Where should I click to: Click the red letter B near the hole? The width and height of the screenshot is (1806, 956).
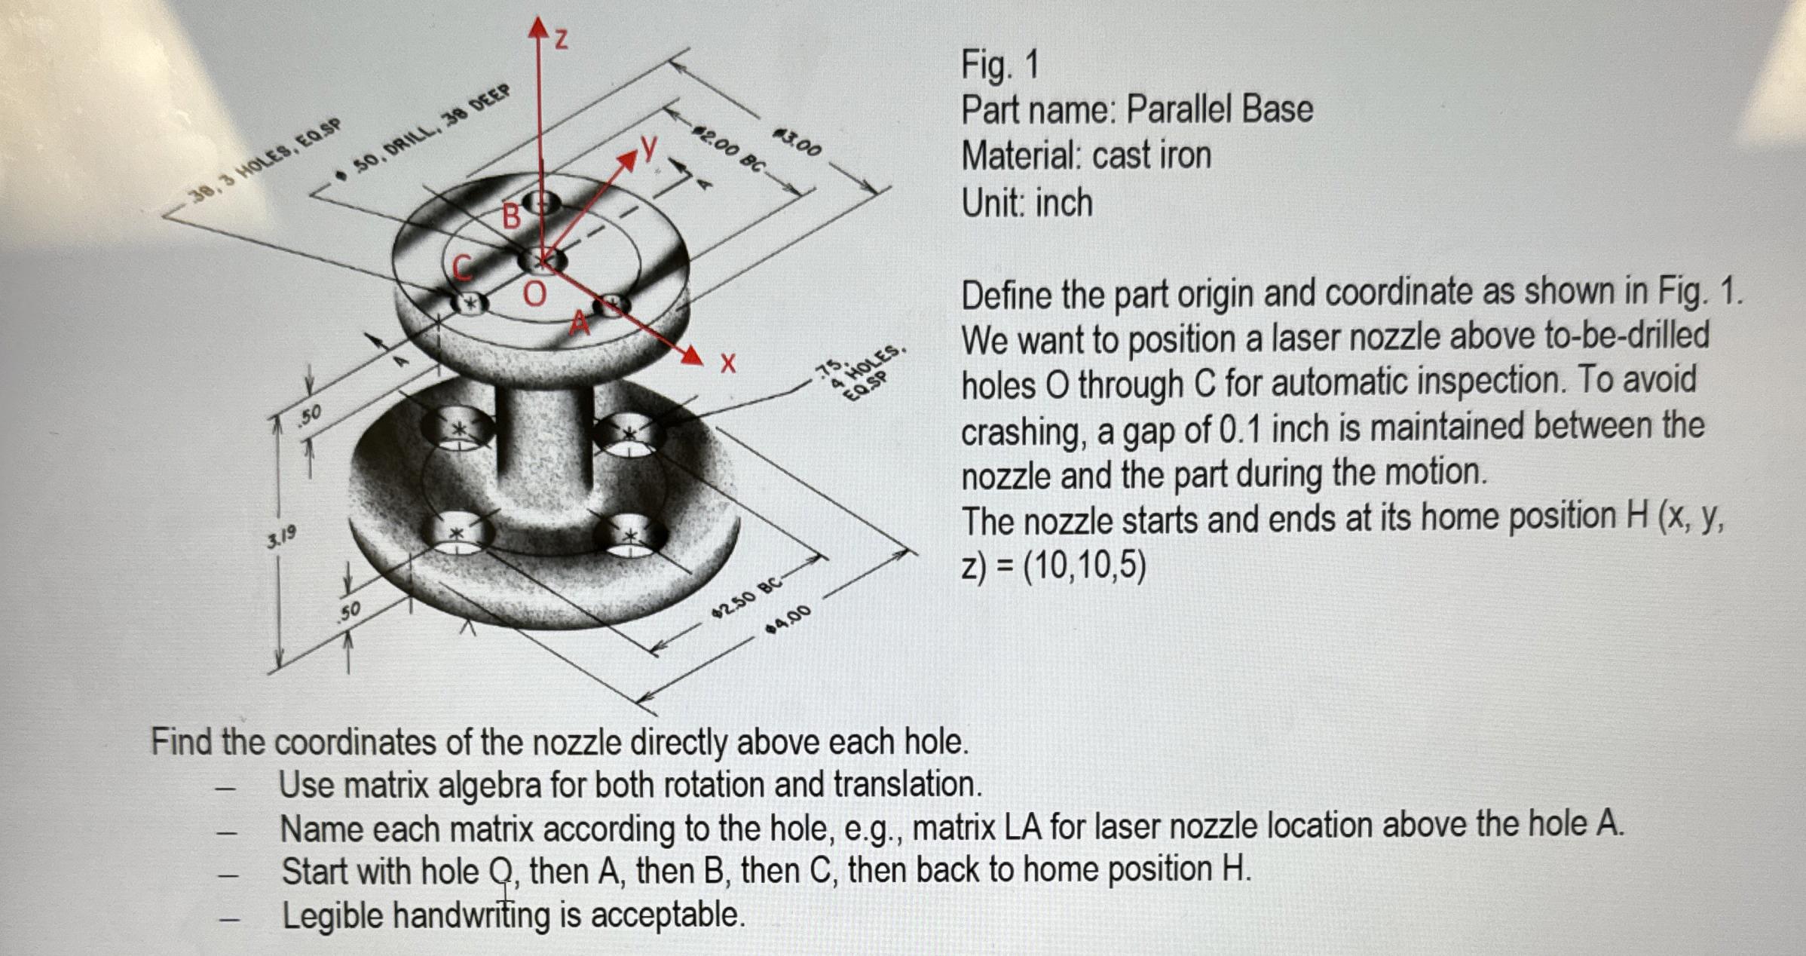click(512, 216)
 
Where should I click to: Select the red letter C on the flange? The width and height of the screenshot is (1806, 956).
click(462, 267)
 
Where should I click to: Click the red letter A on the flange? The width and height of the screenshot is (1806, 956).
click(579, 323)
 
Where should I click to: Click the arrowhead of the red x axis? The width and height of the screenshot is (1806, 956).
click(693, 355)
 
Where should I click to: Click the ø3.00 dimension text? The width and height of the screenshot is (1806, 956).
click(797, 142)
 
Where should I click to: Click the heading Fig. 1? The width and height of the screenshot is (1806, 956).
click(999, 65)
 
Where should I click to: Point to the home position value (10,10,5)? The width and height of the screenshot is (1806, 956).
click(1084, 565)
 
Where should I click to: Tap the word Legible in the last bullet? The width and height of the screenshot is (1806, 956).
click(332, 916)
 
